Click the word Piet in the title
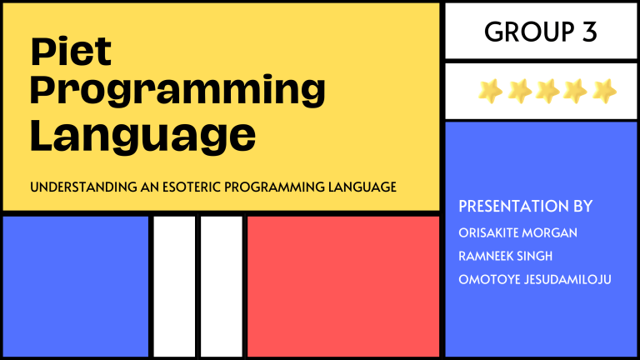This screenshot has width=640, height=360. pos(70,52)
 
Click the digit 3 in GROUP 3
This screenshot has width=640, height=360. pos(589,32)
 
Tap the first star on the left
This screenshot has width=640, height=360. pos(492,91)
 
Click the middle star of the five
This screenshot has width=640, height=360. pos(547,91)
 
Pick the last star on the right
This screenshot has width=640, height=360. pos(604,91)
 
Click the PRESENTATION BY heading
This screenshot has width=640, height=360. pos(525,206)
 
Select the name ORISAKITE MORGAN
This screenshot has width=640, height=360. pos(517,232)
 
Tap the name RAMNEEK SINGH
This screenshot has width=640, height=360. pos(506,256)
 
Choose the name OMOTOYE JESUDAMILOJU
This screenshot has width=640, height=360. pos(534,279)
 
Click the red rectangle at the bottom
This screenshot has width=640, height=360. pos(343,286)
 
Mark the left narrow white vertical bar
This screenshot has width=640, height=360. pos(174,286)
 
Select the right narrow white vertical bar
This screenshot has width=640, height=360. pos(222,286)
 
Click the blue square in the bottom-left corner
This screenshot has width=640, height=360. pos(75,286)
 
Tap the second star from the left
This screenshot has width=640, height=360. pos(519,91)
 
